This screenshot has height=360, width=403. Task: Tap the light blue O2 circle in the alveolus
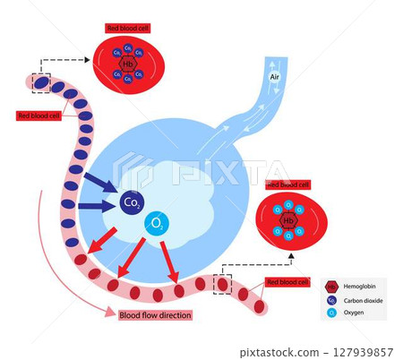[158, 223]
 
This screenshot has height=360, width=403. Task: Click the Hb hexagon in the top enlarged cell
[127, 64]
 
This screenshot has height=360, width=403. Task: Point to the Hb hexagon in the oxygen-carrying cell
[288, 220]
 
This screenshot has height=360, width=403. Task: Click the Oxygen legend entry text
[357, 313]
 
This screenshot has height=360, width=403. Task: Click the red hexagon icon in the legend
[333, 287]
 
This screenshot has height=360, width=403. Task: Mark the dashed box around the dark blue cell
[41, 82]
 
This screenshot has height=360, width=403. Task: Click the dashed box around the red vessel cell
[222, 283]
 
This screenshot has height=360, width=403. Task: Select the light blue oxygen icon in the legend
[333, 313]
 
